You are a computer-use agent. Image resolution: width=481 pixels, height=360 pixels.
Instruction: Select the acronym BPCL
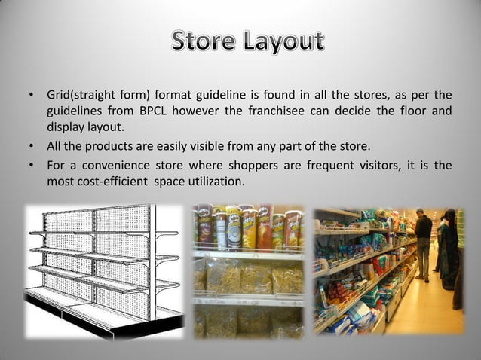point(169,111)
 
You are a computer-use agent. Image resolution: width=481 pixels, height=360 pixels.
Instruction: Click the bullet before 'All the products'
point(32,146)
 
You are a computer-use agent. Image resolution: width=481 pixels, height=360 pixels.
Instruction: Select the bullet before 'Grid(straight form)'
point(32,96)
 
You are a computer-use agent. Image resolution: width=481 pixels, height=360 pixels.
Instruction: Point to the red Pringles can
point(265,226)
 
